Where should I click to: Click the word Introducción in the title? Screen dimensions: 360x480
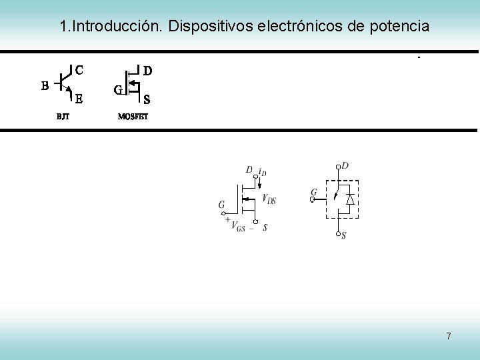pyautogui.click(x=117, y=27)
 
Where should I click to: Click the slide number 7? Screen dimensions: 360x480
pyautogui.click(x=449, y=336)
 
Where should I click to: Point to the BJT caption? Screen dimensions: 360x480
pyautogui.click(x=63, y=116)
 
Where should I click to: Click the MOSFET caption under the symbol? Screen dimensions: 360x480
pyautogui.click(x=133, y=116)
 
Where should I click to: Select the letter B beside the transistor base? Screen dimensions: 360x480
pyautogui.click(x=45, y=85)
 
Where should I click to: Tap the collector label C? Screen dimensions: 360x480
pyautogui.click(x=79, y=69)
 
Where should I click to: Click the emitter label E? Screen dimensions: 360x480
pyautogui.click(x=79, y=99)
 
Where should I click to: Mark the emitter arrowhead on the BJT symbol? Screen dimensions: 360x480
pyautogui.click(x=68, y=89)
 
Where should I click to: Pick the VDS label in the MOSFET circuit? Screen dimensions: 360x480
pyautogui.click(x=269, y=199)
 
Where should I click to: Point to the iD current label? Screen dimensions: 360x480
pyautogui.click(x=263, y=172)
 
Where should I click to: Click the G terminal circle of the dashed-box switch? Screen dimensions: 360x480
pyautogui.click(x=314, y=199)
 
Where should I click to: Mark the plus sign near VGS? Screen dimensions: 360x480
pyautogui.click(x=228, y=219)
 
